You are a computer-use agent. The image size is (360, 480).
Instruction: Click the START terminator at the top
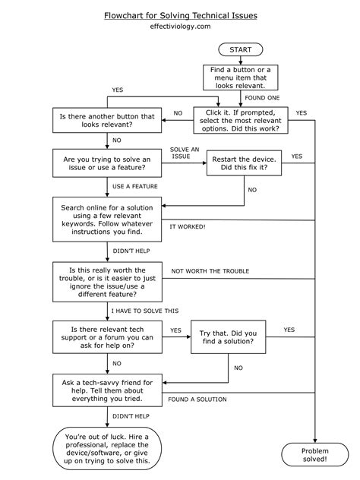tap(241, 49)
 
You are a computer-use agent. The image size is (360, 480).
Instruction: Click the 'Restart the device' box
tap(245, 162)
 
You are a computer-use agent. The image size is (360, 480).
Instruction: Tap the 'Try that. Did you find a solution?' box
tap(228, 337)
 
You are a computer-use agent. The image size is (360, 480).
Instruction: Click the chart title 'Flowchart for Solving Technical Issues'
tap(180, 15)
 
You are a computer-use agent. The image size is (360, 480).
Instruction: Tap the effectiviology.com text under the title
tap(180, 27)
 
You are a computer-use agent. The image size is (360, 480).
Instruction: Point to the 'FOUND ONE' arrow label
tap(261, 97)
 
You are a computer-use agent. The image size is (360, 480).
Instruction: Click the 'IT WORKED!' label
tap(188, 226)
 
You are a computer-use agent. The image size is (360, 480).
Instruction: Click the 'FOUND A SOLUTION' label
tap(197, 399)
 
